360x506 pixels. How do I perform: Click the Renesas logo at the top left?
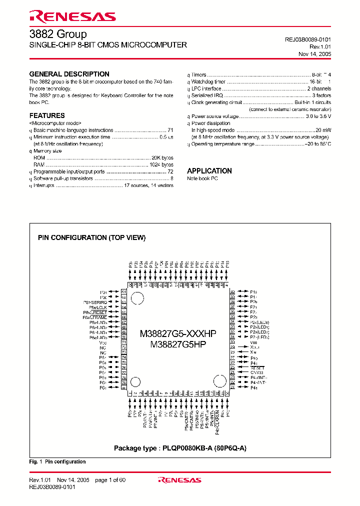point(72,16)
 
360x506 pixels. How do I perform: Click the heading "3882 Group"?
point(58,34)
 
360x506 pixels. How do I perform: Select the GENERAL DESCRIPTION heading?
point(69,74)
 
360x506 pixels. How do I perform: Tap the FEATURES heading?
point(47,115)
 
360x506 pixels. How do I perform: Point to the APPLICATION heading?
point(209,170)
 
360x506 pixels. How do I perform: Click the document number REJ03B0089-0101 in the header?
point(307,39)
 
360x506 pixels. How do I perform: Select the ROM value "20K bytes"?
point(162,157)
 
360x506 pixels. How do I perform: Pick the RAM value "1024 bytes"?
point(161,164)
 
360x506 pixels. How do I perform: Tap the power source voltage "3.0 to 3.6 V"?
point(318,116)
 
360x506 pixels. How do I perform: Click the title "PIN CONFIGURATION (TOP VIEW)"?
point(92,238)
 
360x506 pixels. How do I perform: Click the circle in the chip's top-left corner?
point(137,297)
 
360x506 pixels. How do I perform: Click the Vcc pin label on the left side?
point(103,343)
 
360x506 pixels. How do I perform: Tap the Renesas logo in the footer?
point(179,480)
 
